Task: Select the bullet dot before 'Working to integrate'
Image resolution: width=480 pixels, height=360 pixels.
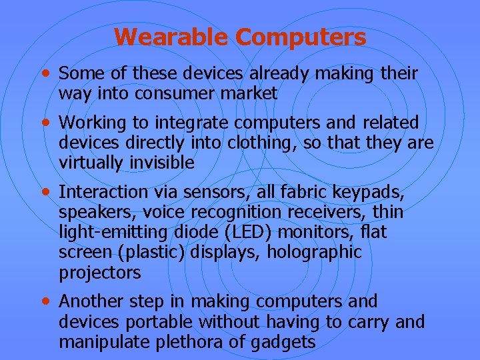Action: pos(45,122)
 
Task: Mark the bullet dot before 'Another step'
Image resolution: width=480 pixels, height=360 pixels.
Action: pos(45,301)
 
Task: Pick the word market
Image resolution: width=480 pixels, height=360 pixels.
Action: pos(252,94)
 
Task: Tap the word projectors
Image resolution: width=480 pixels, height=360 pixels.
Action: pos(100,273)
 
